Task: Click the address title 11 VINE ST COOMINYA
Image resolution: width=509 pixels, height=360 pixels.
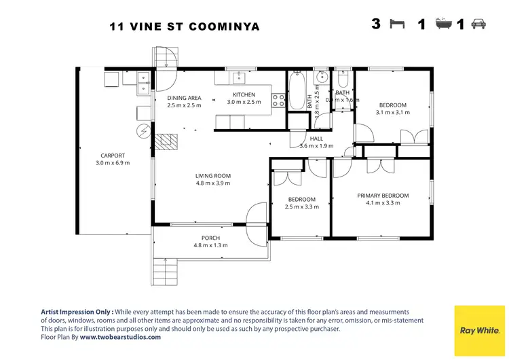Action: (185, 27)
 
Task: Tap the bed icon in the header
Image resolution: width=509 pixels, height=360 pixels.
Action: (397, 24)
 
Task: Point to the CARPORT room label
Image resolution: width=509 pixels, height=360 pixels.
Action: (113, 156)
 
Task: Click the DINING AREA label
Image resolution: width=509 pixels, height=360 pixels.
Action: (184, 98)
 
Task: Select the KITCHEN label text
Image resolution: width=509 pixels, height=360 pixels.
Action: (244, 94)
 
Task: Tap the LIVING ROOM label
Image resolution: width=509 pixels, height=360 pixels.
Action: (213, 175)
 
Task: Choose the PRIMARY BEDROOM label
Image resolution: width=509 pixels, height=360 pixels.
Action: (383, 196)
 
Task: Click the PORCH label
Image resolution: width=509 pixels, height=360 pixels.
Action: (210, 238)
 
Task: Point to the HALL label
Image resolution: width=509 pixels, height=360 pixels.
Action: (316, 138)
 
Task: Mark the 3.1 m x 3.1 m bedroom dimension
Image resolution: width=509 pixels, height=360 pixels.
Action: (392, 113)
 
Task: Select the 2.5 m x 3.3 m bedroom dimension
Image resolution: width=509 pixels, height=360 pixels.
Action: (302, 207)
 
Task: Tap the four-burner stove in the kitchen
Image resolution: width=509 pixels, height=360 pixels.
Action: (278, 101)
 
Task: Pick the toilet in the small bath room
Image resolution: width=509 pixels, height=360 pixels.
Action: (342, 77)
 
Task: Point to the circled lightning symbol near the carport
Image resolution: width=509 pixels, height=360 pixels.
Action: (143, 130)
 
